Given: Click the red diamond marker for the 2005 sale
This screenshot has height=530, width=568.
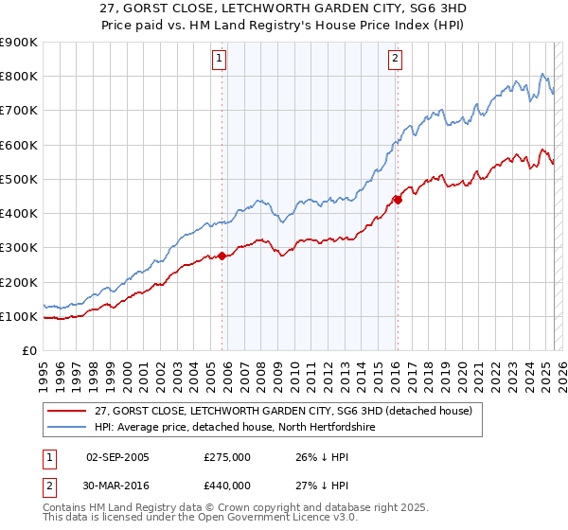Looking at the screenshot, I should tap(222, 256).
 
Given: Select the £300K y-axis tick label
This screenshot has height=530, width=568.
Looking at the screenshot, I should tap(18, 248).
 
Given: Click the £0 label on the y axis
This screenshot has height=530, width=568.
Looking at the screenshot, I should tap(29, 351).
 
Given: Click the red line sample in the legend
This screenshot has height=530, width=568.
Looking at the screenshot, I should tap(67, 410).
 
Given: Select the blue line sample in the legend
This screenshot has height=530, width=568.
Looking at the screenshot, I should tap(67, 427).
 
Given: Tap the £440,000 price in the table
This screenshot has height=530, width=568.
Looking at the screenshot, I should tap(227, 486).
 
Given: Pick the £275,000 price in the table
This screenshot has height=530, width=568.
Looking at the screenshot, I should tap(227, 457).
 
